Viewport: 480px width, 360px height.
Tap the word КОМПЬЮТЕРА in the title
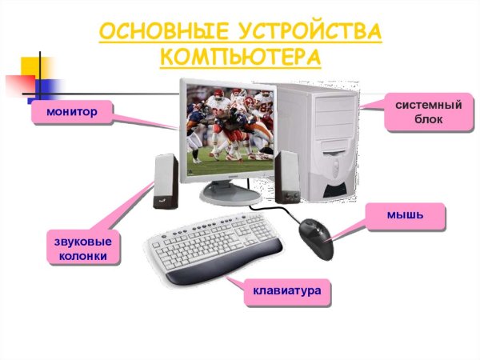tap(240, 58)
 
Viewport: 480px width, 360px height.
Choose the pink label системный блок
tap(426, 112)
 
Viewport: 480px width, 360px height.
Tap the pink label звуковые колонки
tap(78, 249)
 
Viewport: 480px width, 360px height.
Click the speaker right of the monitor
tap(286, 177)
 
